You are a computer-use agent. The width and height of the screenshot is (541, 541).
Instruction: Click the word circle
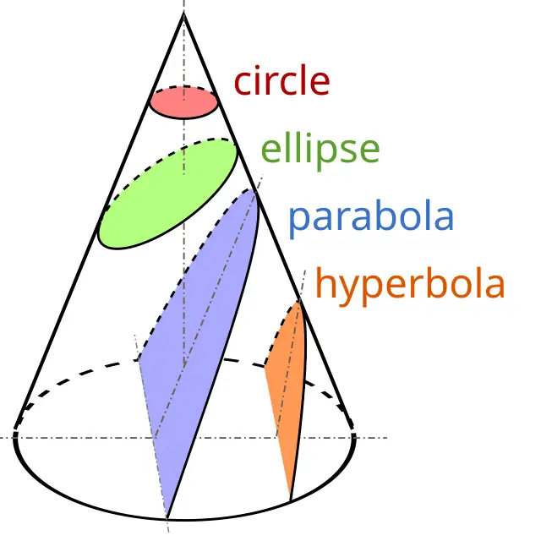tap(281, 79)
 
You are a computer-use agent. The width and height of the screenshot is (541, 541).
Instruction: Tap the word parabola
tap(371, 217)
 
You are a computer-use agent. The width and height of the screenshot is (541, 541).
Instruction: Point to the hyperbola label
tap(410, 286)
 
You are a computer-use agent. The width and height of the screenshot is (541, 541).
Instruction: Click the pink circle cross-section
tap(183, 103)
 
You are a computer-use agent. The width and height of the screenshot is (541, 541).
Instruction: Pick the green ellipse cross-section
tap(168, 194)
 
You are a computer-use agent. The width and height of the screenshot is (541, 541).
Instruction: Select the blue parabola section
tap(199, 345)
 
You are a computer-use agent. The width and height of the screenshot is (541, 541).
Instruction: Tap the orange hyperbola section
tap(287, 386)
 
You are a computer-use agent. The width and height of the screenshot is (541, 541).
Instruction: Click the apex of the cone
tap(183, 12)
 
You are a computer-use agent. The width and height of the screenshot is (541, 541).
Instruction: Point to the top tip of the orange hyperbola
tap(299, 301)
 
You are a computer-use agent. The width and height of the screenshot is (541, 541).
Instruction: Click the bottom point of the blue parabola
tap(167, 518)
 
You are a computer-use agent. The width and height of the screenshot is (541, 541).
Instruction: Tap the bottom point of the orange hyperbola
tap(291, 500)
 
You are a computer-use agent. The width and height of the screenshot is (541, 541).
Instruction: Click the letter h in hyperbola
tap(327, 282)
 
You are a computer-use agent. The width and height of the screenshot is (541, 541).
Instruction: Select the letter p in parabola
tap(299, 221)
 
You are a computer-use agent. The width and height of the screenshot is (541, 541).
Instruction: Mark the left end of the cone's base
tap(15, 438)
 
